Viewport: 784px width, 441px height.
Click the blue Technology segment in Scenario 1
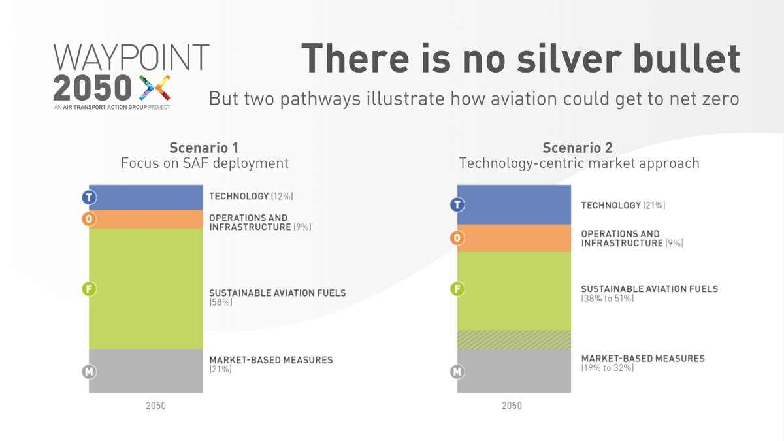[146, 197]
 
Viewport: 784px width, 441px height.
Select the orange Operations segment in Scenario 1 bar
[146, 219]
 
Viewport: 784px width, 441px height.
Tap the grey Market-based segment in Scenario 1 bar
[146, 370]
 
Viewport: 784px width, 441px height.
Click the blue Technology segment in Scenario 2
[514, 204]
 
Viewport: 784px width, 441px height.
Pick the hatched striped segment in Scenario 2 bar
[514, 340]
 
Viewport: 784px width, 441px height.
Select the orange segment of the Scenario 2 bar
[514, 238]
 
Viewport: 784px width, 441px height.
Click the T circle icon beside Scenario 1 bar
[89, 197]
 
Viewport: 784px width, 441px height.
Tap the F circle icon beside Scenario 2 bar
[457, 288]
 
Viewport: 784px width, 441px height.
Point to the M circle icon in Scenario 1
[89, 372]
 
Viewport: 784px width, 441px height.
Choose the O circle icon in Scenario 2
[457, 238]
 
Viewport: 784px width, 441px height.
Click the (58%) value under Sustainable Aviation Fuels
[221, 303]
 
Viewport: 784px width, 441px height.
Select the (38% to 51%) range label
[607, 299]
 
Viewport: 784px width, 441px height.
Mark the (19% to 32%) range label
[607, 368]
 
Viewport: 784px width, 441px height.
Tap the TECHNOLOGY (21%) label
[623, 205]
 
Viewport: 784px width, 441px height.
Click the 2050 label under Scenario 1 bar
[155, 406]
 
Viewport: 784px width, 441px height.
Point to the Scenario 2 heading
[579, 148]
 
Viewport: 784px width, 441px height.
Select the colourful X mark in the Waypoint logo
[155, 86]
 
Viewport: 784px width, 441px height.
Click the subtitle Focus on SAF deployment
[204, 163]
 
